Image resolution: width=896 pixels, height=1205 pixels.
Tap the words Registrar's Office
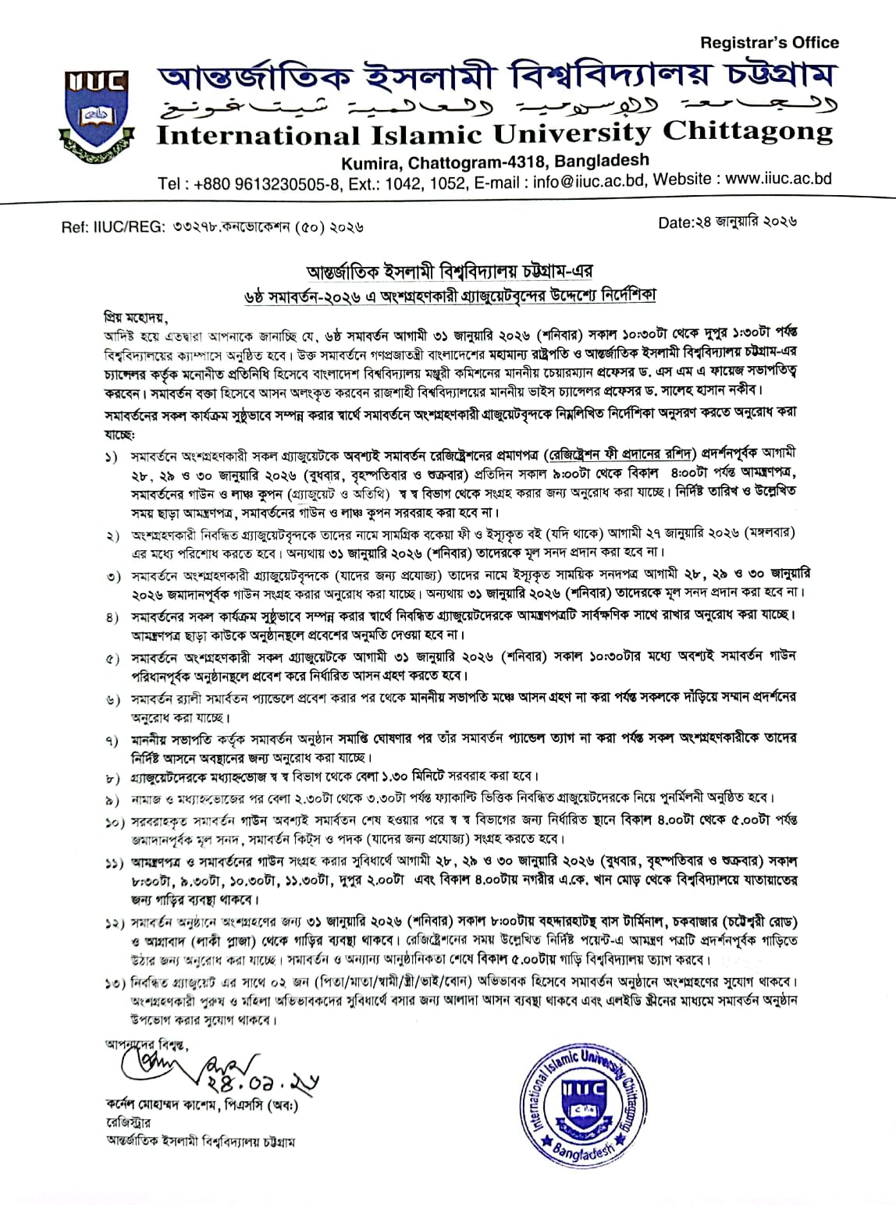click(x=769, y=43)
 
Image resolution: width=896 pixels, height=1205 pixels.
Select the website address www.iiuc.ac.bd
click(x=778, y=180)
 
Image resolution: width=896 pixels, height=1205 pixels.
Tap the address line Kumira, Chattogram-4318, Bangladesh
click(x=495, y=161)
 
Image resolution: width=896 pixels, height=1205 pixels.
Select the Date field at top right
click(x=726, y=222)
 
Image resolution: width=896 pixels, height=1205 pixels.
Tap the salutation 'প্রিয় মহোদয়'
click(x=136, y=319)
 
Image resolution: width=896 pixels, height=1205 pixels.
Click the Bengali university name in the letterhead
click(x=495, y=78)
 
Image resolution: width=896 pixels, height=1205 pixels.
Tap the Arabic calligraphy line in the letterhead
click(x=495, y=107)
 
